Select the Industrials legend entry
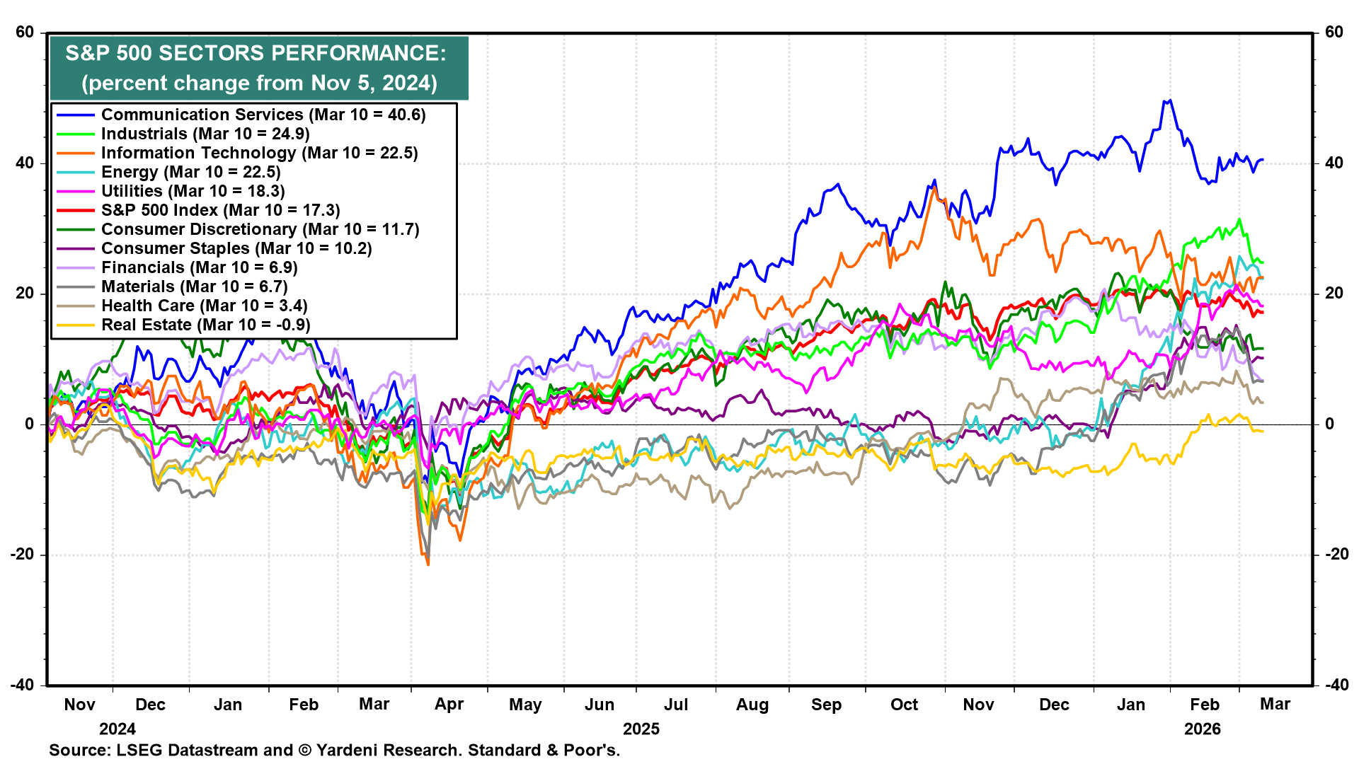click(x=205, y=134)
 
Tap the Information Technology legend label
click(x=259, y=153)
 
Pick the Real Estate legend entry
click(x=205, y=325)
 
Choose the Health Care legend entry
click(x=204, y=306)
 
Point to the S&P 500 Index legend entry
click(x=220, y=210)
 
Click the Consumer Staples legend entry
click(x=236, y=248)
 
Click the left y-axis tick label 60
click(x=25, y=32)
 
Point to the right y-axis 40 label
click(x=1334, y=163)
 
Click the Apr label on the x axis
click(x=449, y=705)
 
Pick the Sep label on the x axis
click(x=826, y=705)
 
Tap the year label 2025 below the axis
click(x=641, y=729)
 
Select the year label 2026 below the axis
click(x=1203, y=729)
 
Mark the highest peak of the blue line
click(x=1169, y=100)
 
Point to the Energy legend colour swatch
click(x=75, y=172)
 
